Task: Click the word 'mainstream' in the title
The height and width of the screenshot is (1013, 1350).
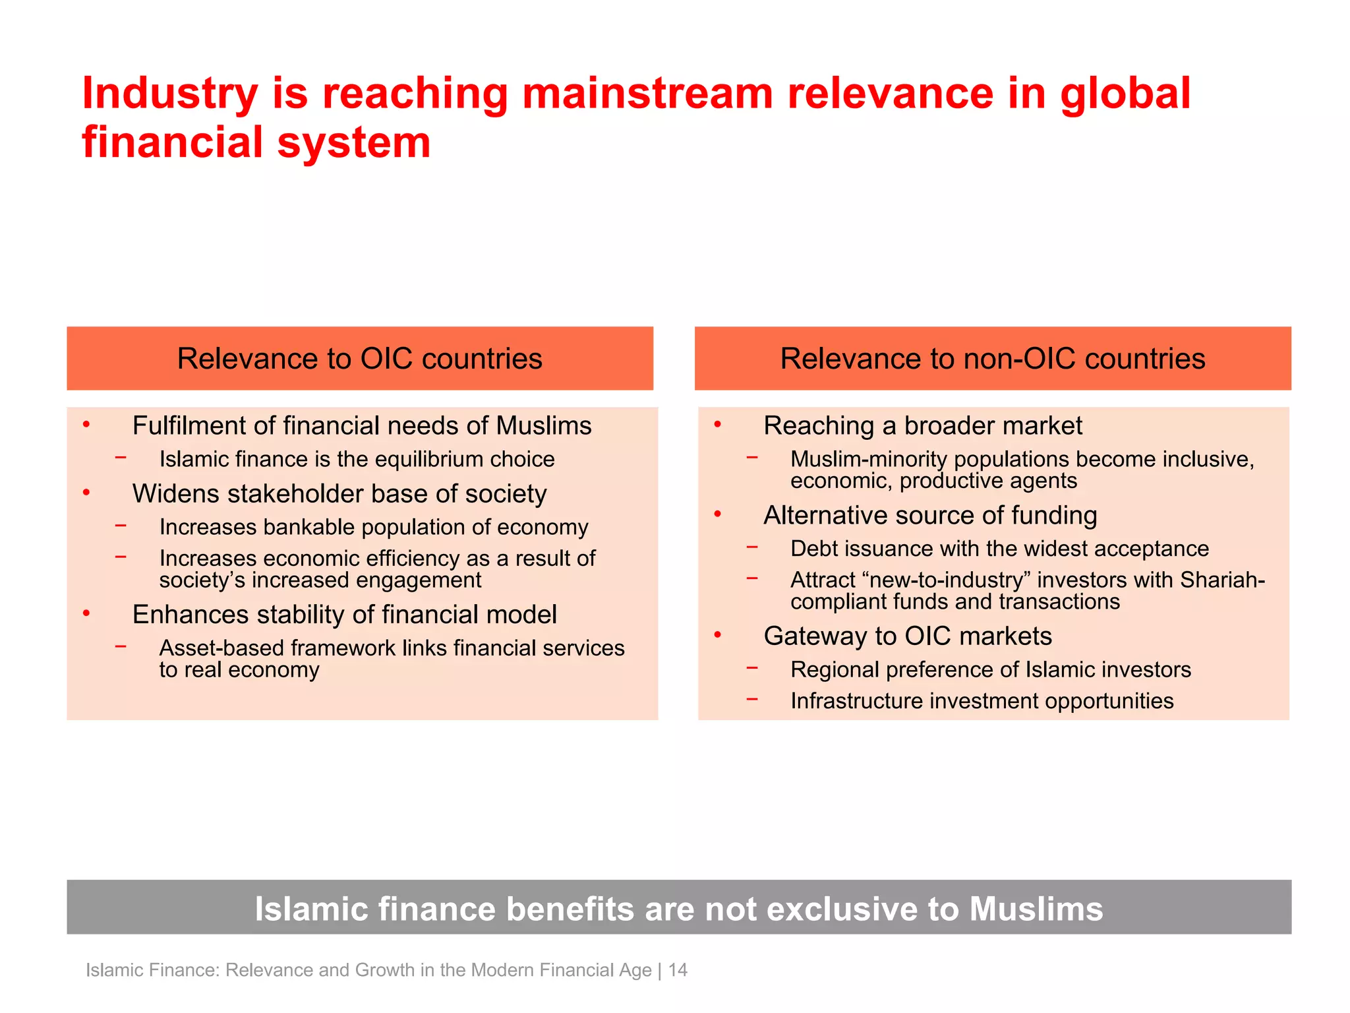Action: click(647, 93)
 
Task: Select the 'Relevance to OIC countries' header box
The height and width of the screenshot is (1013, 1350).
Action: click(360, 358)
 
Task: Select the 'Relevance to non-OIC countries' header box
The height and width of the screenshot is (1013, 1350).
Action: click(992, 358)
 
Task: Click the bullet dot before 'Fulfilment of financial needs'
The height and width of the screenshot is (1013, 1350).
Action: click(86, 424)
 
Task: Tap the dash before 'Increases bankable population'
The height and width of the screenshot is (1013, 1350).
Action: click(121, 526)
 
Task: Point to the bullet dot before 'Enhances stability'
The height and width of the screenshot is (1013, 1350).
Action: click(86, 613)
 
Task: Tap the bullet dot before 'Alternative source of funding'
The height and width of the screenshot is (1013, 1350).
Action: click(718, 514)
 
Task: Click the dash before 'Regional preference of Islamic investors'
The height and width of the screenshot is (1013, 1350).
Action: click(752, 668)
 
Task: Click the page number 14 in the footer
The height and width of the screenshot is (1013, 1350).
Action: click(678, 970)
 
